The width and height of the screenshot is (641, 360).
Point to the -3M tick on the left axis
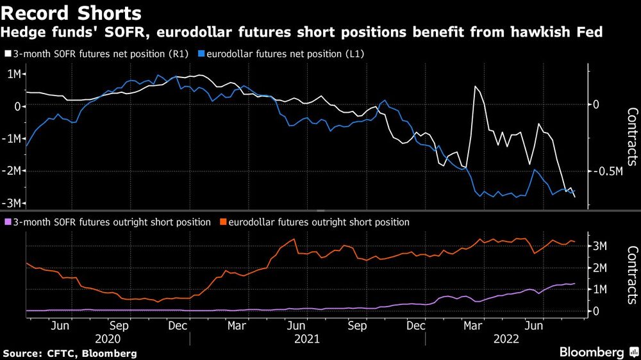pyautogui.click(x=12, y=203)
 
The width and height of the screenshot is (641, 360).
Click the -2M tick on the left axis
pyautogui.click(x=12, y=171)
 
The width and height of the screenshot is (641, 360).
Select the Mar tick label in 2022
pyautogui.click(x=474, y=326)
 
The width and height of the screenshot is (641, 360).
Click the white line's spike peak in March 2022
pyautogui.click(x=475, y=86)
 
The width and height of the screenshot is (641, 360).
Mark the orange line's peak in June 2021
pyautogui.click(x=294, y=240)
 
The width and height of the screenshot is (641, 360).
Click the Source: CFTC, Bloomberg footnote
pyautogui.click(x=70, y=353)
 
